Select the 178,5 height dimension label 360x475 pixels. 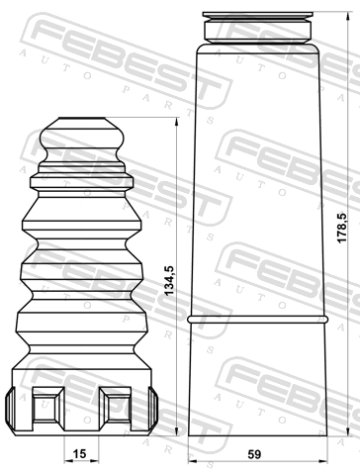coord(342,228)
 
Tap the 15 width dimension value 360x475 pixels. coord(79,454)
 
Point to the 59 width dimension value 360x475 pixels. coord(254,454)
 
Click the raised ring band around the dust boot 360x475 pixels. coord(258,319)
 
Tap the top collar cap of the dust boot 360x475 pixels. coord(258,27)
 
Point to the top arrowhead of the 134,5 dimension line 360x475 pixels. coord(177,122)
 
